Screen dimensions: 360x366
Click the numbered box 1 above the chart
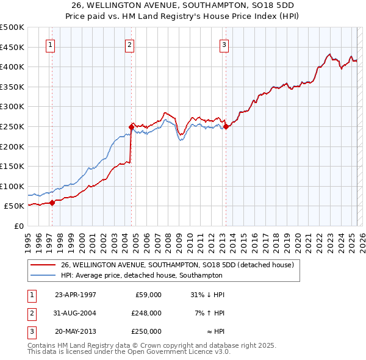click(x=50, y=44)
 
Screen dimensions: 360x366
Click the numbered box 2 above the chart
click(x=130, y=44)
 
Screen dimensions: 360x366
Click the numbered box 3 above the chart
click(x=224, y=44)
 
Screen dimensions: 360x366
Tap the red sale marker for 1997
click(x=52, y=203)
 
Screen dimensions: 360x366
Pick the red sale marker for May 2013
click(x=226, y=126)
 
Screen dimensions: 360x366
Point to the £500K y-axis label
click(x=12, y=27)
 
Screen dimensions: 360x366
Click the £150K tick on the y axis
click(x=12, y=166)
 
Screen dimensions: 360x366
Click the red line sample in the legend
click(x=43, y=265)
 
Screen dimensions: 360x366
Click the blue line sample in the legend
click(x=43, y=275)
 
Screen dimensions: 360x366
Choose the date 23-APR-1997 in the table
click(x=76, y=295)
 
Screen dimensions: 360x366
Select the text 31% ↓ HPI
click(x=208, y=295)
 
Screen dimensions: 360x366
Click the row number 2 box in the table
click(x=30, y=313)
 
